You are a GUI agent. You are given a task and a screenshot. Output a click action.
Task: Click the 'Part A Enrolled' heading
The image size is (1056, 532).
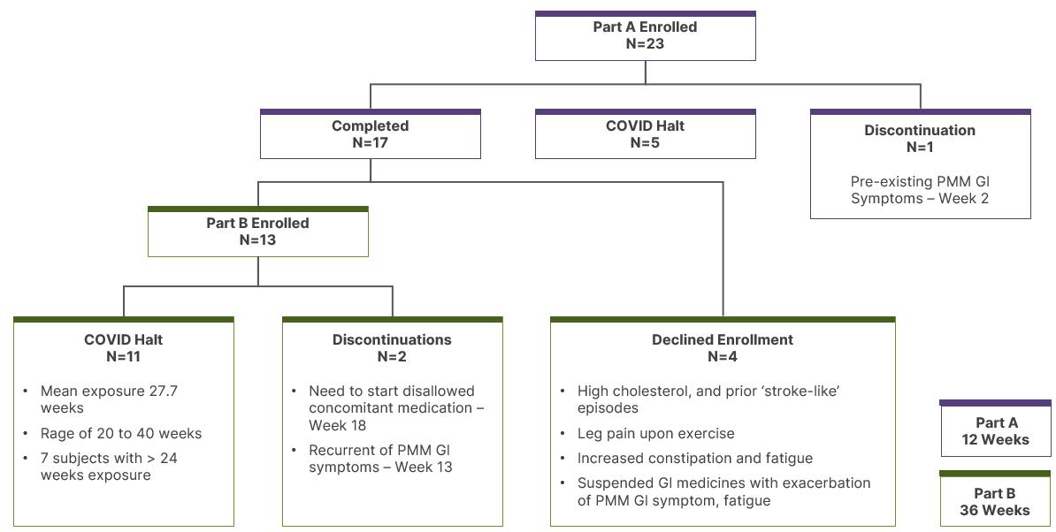pyautogui.click(x=645, y=27)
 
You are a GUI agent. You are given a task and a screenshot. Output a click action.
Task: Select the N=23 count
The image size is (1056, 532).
pyautogui.click(x=645, y=43)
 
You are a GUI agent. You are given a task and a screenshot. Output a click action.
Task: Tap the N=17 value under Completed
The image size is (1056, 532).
pyautogui.click(x=370, y=142)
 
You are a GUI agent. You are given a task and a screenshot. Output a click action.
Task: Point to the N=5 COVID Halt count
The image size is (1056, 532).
pyautogui.click(x=645, y=142)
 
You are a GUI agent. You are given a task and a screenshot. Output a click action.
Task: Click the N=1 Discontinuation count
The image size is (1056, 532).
pyautogui.click(x=920, y=148)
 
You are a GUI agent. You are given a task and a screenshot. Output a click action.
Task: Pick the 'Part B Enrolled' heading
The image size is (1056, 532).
pyautogui.click(x=257, y=223)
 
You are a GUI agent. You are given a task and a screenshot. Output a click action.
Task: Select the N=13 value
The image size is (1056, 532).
pyautogui.click(x=257, y=240)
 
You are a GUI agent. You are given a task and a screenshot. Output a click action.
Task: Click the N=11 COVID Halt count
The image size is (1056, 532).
pyautogui.click(x=123, y=356)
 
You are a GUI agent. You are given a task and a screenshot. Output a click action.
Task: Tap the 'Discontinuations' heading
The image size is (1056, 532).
pyautogui.click(x=392, y=339)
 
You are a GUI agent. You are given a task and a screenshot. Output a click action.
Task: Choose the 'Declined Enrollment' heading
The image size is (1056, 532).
pyautogui.click(x=723, y=339)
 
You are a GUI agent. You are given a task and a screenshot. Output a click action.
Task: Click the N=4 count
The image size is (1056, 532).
pyautogui.click(x=723, y=356)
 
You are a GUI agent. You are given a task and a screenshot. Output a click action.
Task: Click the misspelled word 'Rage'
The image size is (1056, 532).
pyautogui.click(x=57, y=434)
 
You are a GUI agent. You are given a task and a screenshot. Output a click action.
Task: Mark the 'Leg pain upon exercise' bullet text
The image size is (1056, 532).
pyautogui.click(x=656, y=434)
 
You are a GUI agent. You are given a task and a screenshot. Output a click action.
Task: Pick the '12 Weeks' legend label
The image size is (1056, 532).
pyautogui.click(x=996, y=440)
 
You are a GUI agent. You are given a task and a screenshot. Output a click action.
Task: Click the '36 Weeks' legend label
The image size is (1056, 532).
pyautogui.click(x=995, y=511)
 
